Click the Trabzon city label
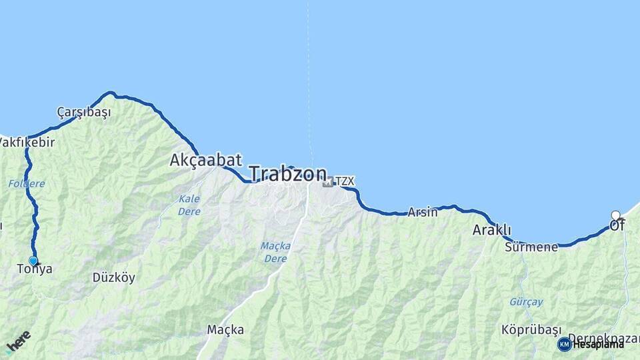pos(288,174)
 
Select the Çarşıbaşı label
pos(84,112)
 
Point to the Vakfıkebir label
pos(27,142)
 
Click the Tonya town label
pos(35,269)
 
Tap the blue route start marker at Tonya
pos(33,261)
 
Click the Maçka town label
pos(225,329)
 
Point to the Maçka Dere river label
pos(274,253)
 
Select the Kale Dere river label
pos(189,205)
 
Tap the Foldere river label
pos(27,183)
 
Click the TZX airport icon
pos(328,181)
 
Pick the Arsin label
pos(423,213)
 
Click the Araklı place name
pos(491,230)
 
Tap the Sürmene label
pos(531,247)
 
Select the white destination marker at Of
pos(615,215)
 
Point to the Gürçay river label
pos(526,302)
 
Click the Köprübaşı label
pos(528,330)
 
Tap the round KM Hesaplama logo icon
pos(564,344)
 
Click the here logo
pos(18,341)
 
